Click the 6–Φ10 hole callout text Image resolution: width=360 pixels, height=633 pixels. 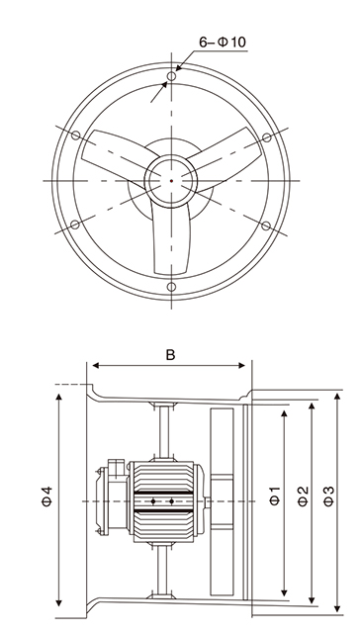pos(223,42)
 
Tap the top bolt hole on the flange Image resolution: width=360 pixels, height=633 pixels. pos(171,76)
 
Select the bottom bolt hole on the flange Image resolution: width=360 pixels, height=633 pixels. pos(171,287)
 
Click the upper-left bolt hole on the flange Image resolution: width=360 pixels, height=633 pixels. pos(75,136)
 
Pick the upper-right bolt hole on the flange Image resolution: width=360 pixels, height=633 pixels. pos(267,137)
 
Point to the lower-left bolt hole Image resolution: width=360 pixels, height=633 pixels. pos(75,225)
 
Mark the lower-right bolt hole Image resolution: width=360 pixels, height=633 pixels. pos(266,226)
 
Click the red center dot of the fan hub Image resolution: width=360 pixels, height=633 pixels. pos(171,180)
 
